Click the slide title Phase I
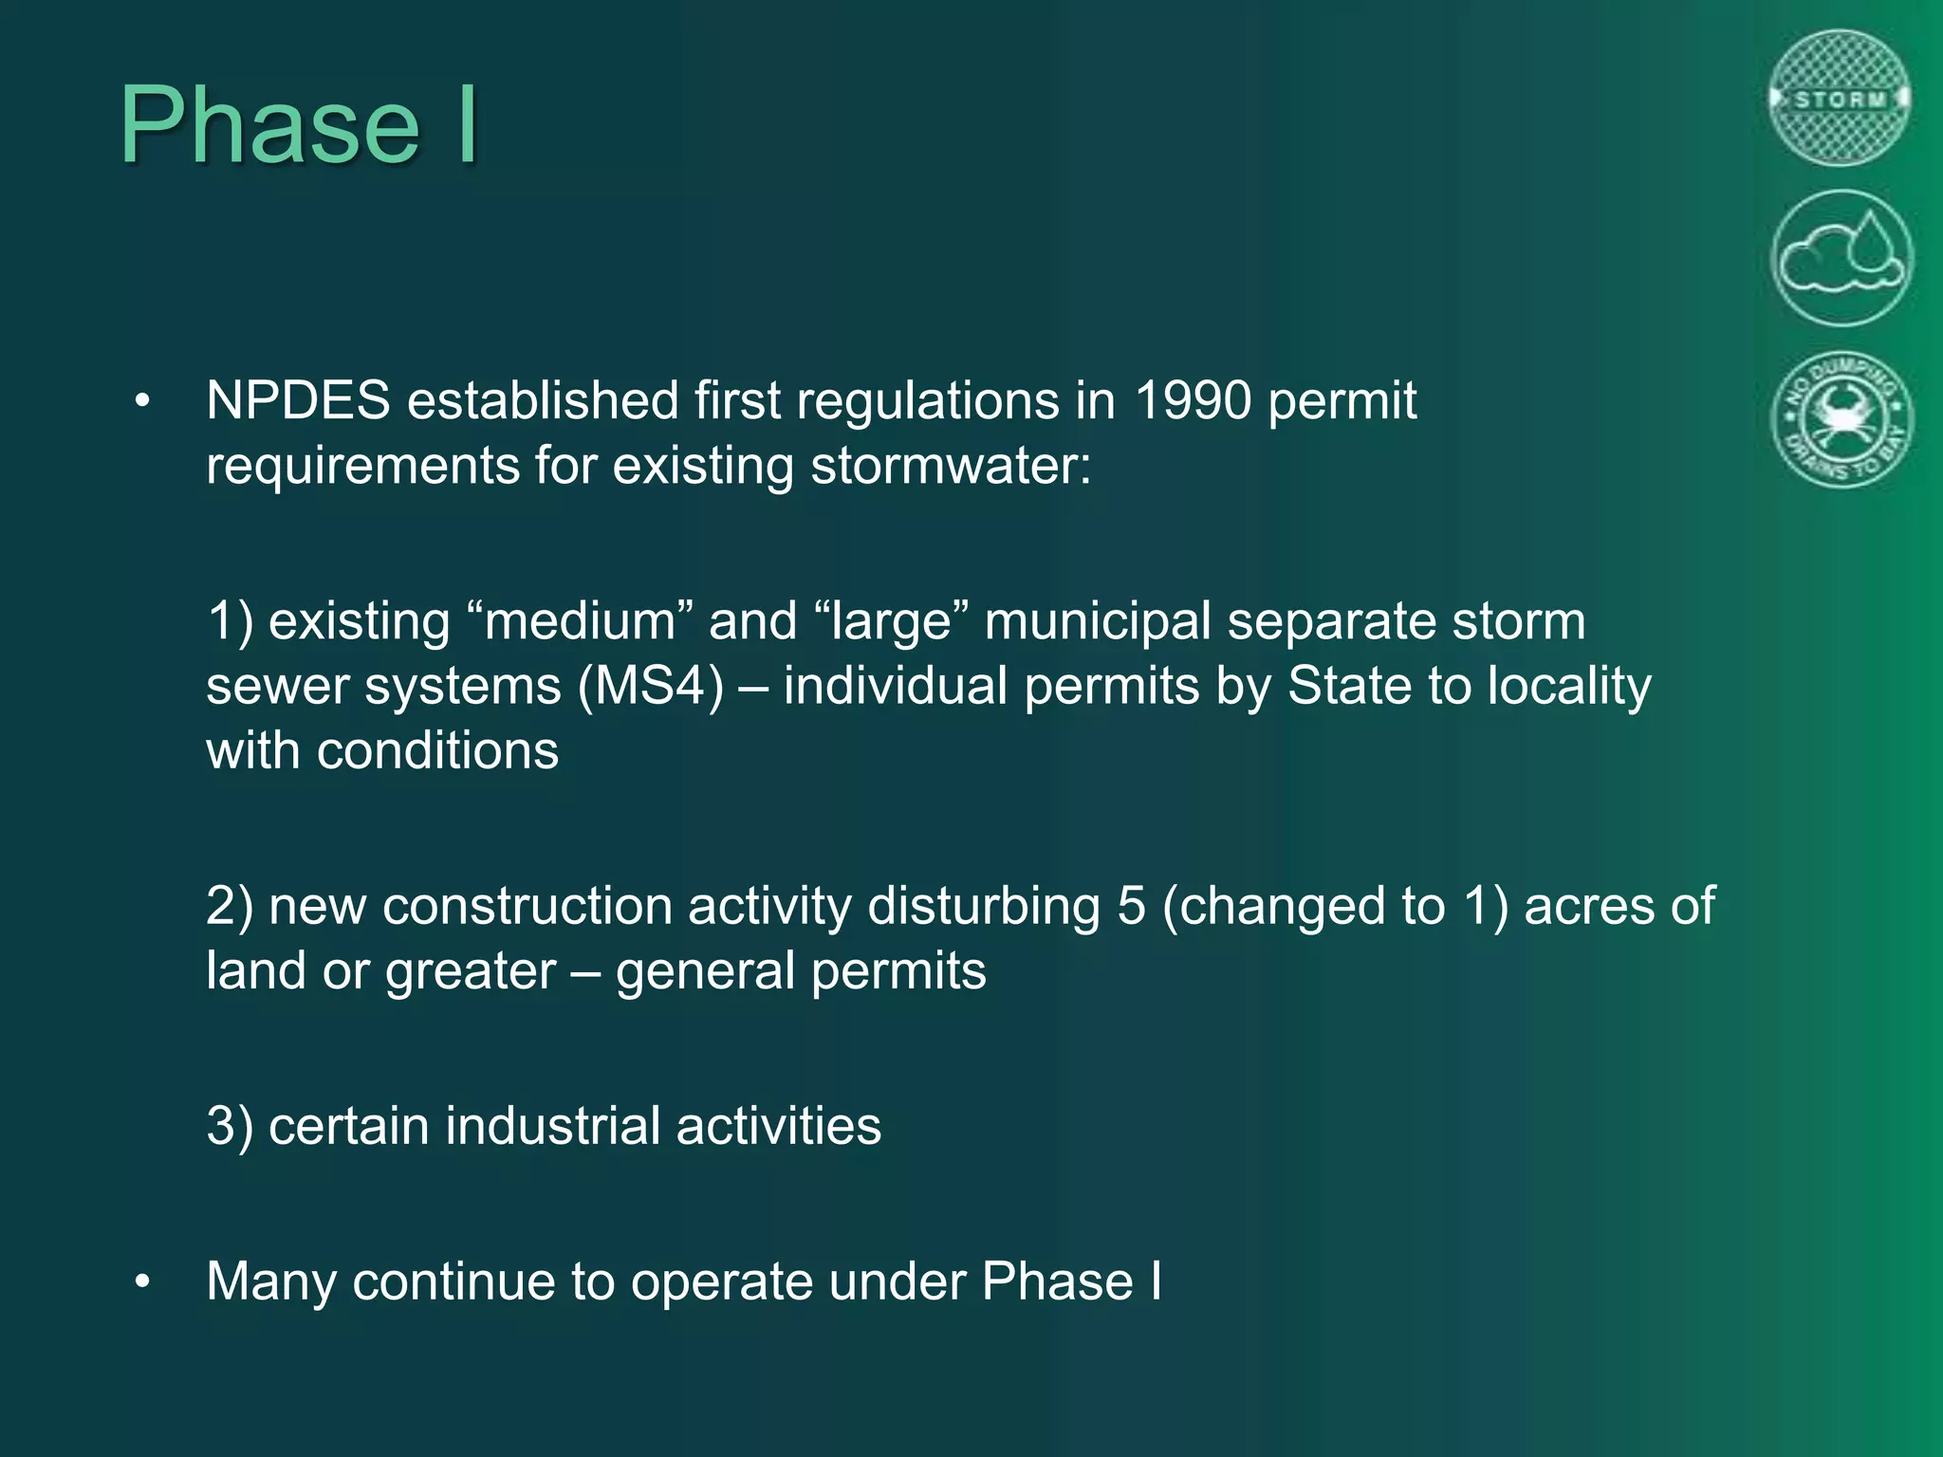coord(300,125)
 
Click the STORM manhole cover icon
coord(1841,99)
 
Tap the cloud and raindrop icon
coord(1841,258)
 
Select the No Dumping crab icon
coord(1841,419)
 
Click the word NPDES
coord(298,400)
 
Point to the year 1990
coord(1193,400)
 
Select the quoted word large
coord(891,622)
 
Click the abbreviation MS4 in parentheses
coord(651,686)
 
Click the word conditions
coord(437,751)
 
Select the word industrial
coord(552,1126)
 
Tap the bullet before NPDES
coord(142,401)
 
